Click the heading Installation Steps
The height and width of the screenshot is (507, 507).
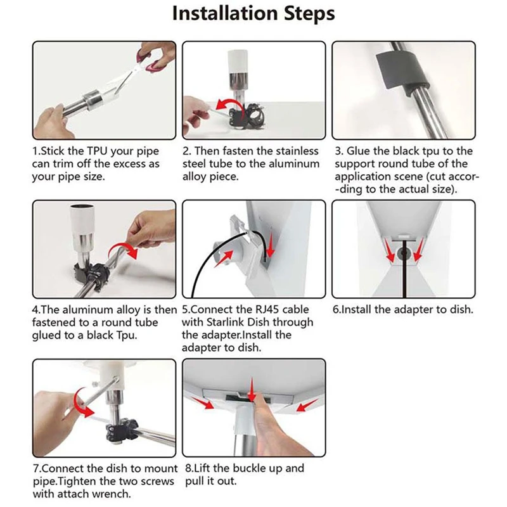coord(253,13)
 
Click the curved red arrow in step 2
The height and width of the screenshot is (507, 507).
coord(228,106)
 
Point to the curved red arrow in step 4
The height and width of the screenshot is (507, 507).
coord(123,250)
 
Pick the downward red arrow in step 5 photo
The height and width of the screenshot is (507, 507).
coord(271,245)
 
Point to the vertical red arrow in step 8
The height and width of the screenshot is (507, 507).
coord(252,389)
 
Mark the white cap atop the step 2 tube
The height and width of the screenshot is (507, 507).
coord(238,61)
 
